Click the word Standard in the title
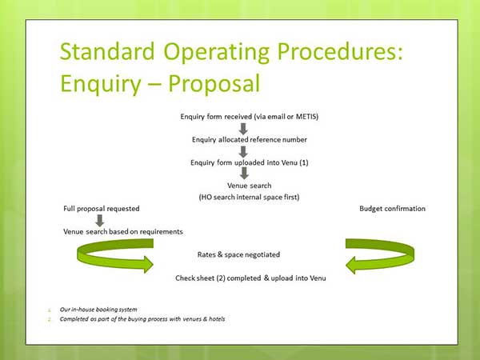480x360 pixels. (107, 51)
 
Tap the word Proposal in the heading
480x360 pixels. (214, 83)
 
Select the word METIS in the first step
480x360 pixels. (307, 117)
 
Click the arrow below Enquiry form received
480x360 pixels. (243, 129)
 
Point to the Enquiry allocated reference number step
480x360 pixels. (249, 139)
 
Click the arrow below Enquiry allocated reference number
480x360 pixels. (243, 152)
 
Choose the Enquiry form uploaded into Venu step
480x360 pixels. (249, 162)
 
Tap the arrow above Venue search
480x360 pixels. (244, 174)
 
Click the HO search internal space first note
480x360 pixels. (249, 197)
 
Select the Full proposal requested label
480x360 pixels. (102, 209)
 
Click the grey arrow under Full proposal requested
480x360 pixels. (100, 221)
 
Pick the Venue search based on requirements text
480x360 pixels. (122, 232)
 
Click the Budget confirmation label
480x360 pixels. (392, 209)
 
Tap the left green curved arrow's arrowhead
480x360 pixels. (148, 265)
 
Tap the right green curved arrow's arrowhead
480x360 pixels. (351, 265)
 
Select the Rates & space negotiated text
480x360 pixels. (238, 254)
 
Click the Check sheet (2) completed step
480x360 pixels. (250, 278)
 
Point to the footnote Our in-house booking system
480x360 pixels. (98, 310)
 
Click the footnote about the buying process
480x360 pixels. (142, 319)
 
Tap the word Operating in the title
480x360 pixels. (217, 52)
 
